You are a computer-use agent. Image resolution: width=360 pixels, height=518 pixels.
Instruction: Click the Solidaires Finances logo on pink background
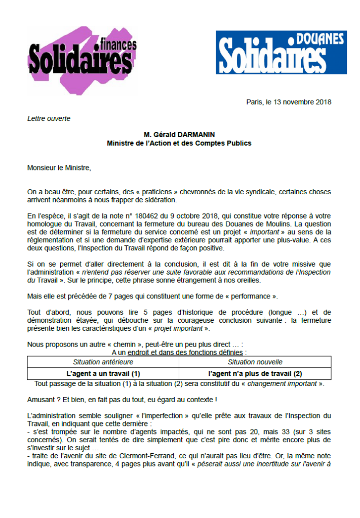(81, 59)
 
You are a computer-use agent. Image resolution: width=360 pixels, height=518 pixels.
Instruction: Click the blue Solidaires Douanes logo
(281, 53)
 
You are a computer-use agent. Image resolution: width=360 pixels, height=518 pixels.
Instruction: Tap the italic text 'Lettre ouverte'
(49, 119)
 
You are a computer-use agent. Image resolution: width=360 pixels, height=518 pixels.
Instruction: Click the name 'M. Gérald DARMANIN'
(179, 135)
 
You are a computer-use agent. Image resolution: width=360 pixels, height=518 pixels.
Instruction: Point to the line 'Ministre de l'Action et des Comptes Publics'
(179, 143)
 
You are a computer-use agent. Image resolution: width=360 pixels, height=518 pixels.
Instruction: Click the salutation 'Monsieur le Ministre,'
(59, 167)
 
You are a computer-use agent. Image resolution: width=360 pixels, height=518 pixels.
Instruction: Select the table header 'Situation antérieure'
(103, 362)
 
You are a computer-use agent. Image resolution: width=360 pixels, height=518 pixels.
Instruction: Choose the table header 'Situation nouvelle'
(255, 362)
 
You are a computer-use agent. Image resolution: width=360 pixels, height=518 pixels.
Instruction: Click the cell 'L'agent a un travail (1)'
(103, 374)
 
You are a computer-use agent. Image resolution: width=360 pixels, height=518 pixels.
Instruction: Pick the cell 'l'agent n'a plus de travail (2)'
(255, 374)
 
